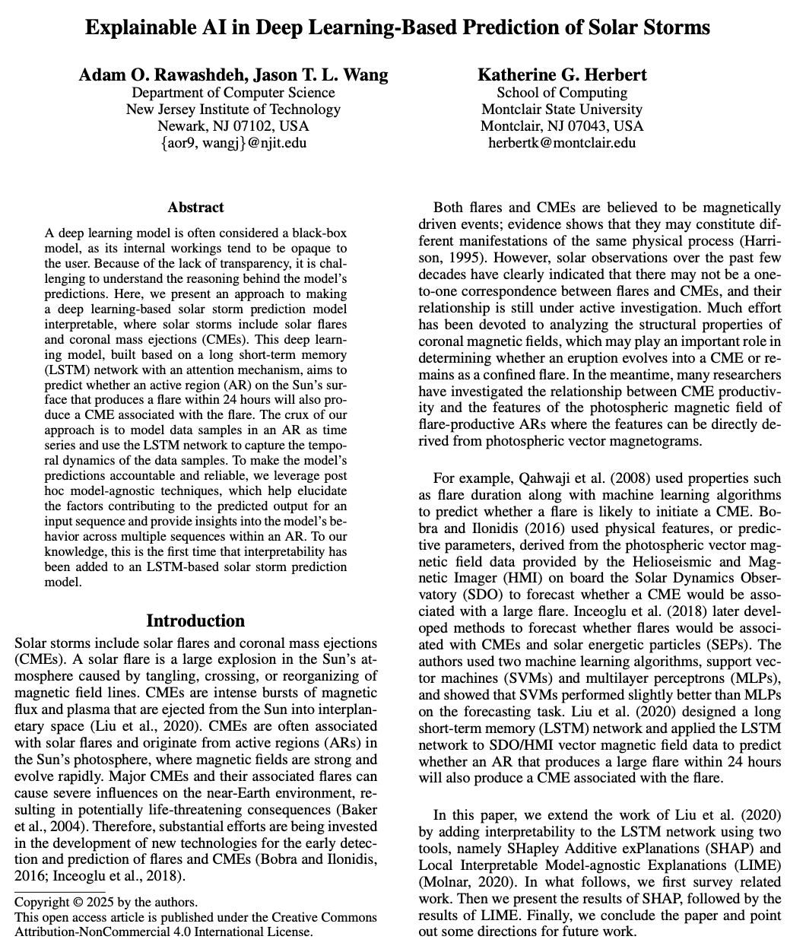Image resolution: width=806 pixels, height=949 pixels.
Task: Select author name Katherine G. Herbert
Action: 562,75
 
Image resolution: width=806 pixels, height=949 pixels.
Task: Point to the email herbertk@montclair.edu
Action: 562,142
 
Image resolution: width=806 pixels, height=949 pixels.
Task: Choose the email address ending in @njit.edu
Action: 233,142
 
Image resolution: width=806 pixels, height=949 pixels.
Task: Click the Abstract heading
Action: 195,208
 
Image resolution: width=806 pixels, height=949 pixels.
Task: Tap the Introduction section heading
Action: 195,620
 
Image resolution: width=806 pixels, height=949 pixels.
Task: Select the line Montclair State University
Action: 562,109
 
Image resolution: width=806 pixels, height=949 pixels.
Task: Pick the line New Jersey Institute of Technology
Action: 233,109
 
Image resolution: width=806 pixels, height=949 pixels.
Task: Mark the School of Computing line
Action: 562,92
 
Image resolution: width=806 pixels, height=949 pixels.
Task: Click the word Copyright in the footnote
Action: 45,903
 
